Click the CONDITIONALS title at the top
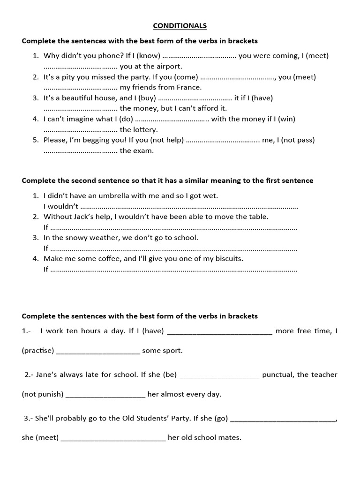tap(180, 25)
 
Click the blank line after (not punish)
tap(105, 395)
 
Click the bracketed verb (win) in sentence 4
tap(286, 119)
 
